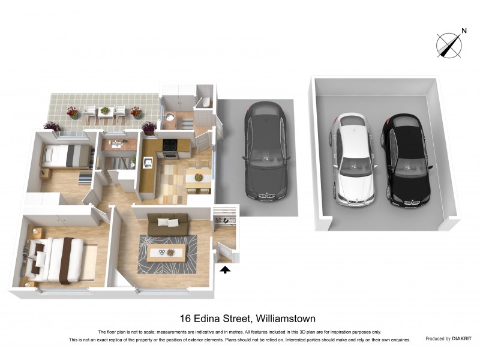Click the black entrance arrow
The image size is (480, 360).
pos(225,271)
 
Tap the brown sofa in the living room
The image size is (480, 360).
pos(168,223)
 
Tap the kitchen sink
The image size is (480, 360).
pos(148,160)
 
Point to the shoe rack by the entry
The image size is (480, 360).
pos(226,220)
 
